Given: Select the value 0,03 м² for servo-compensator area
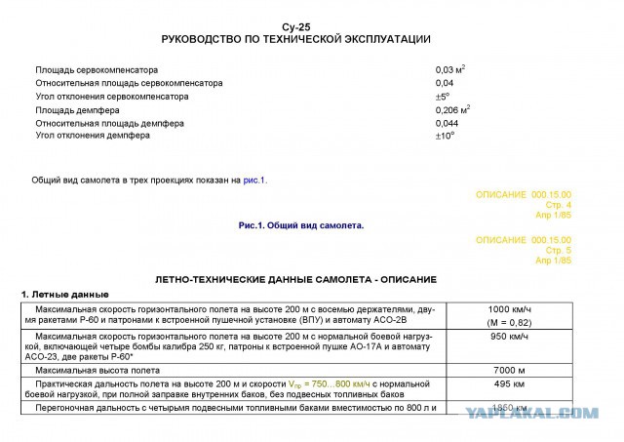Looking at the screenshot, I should pos(449,70).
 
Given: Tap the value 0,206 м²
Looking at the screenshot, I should pos(452,110).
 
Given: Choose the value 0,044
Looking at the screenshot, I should pos(447,124).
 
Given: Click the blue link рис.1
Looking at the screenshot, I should pos(254,181).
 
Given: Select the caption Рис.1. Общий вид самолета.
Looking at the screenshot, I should pos(300,225).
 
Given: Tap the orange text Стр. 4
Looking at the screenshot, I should pos(556,204).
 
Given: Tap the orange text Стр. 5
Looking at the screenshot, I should pos(556,251).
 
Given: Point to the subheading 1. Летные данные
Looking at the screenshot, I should pos(65,295).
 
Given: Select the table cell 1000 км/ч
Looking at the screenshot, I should pos(509,309).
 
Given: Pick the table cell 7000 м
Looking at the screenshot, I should pos(509,372).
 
